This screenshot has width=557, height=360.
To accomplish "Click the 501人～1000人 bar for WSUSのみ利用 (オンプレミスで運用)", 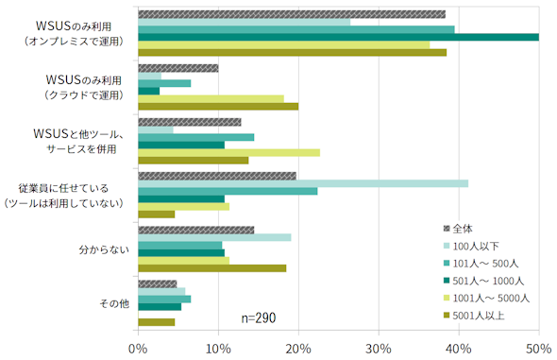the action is click(339, 37).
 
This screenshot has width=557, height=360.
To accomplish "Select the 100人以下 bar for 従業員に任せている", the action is click(303, 183).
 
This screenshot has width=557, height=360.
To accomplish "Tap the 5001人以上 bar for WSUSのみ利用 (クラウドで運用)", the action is click(218, 107).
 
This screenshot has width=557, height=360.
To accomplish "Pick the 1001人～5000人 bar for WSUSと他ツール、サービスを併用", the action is click(228, 153).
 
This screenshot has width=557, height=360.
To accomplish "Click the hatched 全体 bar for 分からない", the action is click(196, 230).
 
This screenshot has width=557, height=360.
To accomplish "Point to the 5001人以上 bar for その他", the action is click(157, 322).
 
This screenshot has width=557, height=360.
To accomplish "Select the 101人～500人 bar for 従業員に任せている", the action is click(228, 192).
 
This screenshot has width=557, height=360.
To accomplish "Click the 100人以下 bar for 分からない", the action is click(214, 237).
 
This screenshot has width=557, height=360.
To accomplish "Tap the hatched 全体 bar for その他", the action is click(158, 284).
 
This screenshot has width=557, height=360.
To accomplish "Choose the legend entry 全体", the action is click(458, 230).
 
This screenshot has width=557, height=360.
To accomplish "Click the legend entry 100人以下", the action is click(471, 247).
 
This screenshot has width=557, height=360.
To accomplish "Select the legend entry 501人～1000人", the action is click(483, 281).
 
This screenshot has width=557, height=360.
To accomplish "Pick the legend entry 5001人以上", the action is click(474, 316).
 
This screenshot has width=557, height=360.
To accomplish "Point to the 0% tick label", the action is click(138, 349).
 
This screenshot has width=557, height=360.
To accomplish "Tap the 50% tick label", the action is click(539, 349).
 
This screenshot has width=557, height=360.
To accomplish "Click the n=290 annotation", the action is click(259, 317).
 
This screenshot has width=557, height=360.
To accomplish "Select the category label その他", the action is click(114, 303).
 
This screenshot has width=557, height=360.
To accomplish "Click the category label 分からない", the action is click(104, 249).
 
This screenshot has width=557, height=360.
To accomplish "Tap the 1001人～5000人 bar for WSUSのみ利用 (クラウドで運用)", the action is click(211, 99).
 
